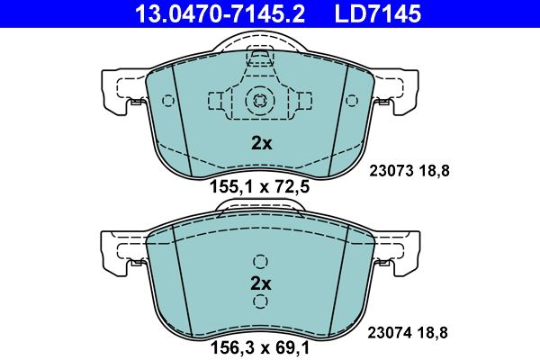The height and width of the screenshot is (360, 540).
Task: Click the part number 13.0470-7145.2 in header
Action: pyautogui.click(x=220, y=13)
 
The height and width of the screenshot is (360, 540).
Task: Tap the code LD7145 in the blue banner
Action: pyautogui.click(x=378, y=13)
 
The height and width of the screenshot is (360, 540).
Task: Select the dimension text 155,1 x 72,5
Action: pyautogui.click(x=260, y=187)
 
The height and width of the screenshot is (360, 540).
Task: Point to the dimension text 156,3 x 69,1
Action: pyautogui.click(x=260, y=348)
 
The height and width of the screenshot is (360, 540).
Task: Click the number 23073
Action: pyautogui.click(x=391, y=170)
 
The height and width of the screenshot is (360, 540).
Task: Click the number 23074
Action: pyautogui.click(x=390, y=333)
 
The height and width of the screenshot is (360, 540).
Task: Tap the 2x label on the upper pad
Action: pyautogui.click(x=261, y=143)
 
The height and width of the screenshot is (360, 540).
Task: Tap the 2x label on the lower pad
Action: pyautogui.click(x=261, y=283)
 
